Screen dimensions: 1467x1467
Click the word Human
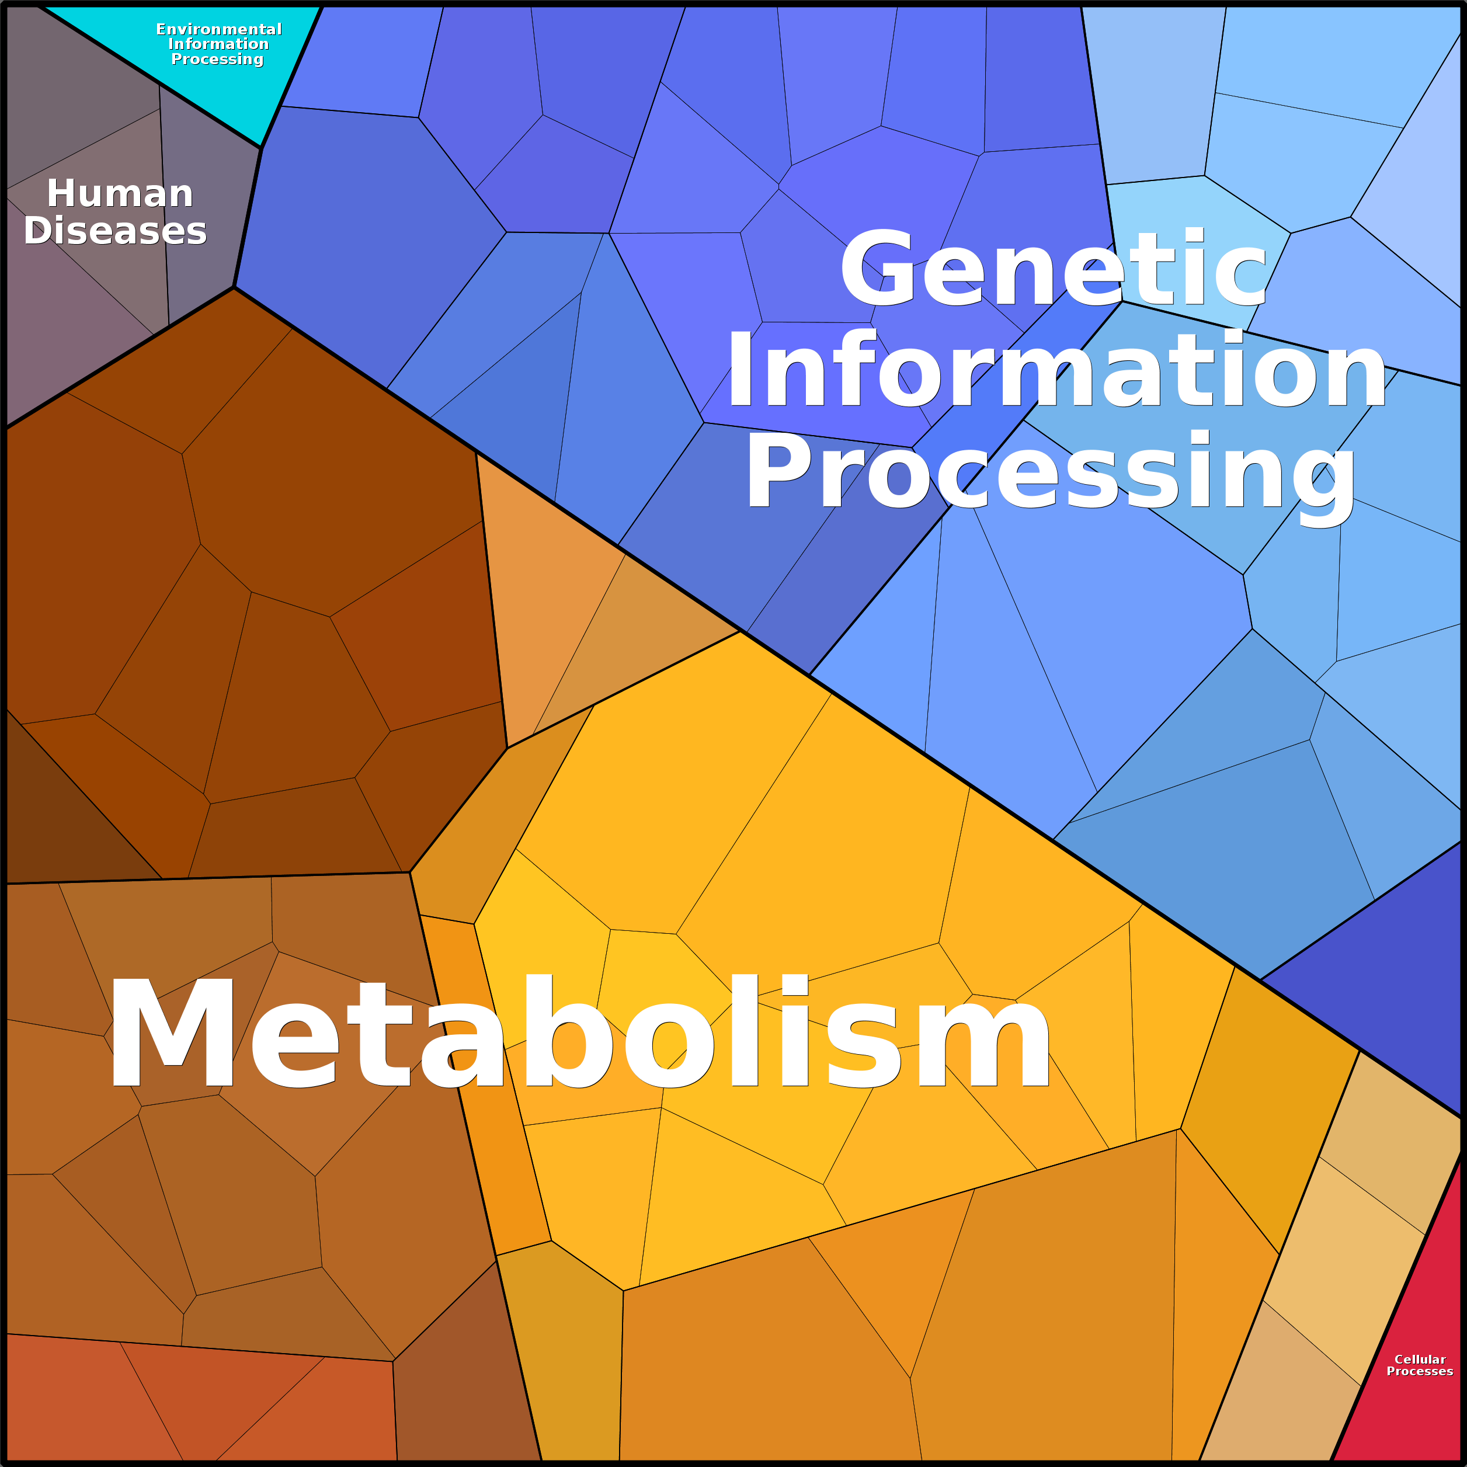tap(120, 194)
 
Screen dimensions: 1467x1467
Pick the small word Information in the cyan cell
tap(218, 44)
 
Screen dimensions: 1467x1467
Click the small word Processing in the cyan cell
tap(217, 59)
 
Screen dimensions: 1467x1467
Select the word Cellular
tap(1420, 1358)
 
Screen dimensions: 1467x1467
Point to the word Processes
tap(1420, 1371)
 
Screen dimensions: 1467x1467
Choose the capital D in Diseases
tap(39, 230)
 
